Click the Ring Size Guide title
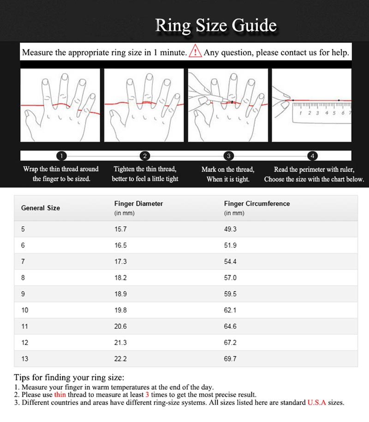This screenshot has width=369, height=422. (x=216, y=26)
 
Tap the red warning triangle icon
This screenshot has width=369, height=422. (x=196, y=51)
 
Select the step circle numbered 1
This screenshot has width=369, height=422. (x=63, y=156)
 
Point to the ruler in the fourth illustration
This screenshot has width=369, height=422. (x=321, y=112)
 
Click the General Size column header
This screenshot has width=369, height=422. (x=41, y=208)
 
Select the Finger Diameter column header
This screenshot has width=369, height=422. (x=138, y=204)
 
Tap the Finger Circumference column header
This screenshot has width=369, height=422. (x=257, y=204)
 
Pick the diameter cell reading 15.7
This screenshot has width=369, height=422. (x=120, y=229)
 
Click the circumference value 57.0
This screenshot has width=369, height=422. (x=230, y=277)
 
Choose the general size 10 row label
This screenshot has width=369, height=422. (x=24, y=310)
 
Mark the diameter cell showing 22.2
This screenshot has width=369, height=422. (x=120, y=359)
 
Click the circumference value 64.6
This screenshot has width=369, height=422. (x=230, y=326)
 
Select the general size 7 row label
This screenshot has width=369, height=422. (x=23, y=261)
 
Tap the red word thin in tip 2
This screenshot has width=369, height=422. (x=60, y=395)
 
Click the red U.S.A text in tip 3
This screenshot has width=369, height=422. (x=316, y=403)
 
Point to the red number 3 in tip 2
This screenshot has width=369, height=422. (x=147, y=395)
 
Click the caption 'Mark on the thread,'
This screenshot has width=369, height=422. (x=228, y=169)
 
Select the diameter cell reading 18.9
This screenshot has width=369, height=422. (x=120, y=294)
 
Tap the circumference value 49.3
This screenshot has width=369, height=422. (x=230, y=229)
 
